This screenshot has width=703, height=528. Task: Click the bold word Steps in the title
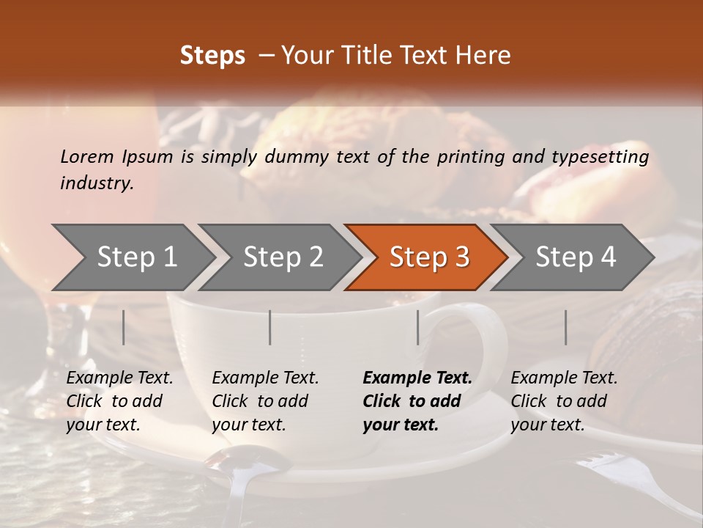pyautogui.click(x=212, y=56)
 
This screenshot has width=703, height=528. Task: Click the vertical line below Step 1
pyautogui.click(x=124, y=327)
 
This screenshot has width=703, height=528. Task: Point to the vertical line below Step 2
pyautogui.click(x=270, y=327)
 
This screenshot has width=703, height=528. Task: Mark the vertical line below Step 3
pyautogui.click(x=418, y=327)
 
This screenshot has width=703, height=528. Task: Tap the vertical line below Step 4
pyautogui.click(x=565, y=327)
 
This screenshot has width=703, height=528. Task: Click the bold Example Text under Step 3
pyautogui.click(x=417, y=378)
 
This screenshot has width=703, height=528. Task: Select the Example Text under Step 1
pyautogui.click(x=119, y=378)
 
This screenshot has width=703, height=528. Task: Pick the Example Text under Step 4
pyautogui.click(x=564, y=378)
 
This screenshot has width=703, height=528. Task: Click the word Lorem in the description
pyautogui.click(x=87, y=156)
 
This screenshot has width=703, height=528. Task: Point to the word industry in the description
pyautogui.click(x=96, y=183)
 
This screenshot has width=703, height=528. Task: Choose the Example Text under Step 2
pyautogui.click(x=265, y=378)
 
